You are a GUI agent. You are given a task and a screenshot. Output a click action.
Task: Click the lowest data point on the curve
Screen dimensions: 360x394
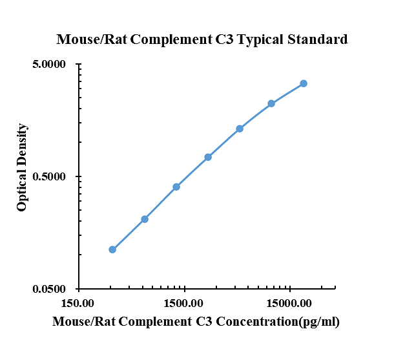(x=112, y=249)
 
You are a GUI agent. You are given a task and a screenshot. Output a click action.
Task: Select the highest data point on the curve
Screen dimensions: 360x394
(x=304, y=83)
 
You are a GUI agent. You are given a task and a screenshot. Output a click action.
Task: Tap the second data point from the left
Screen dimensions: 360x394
(x=145, y=219)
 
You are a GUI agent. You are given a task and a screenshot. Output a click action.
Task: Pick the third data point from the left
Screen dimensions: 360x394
(x=176, y=187)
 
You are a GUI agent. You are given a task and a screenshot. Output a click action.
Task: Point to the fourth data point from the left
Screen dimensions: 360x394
(x=208, y=157)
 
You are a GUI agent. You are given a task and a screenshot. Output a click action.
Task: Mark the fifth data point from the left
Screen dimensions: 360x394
(x=240, y=129)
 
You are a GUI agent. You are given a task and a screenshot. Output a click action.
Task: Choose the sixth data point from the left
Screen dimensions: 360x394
(x=271, y=103)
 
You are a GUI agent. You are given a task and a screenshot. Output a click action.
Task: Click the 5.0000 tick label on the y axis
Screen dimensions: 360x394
(x=50, y=65)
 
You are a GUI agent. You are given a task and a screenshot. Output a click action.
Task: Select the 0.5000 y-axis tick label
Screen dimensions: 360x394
(x=50, y=176)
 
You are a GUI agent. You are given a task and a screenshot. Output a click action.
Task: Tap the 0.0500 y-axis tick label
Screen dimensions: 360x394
(x=50, y=289)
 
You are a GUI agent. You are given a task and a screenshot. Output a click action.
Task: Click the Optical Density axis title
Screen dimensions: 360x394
(x=23, y=167)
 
